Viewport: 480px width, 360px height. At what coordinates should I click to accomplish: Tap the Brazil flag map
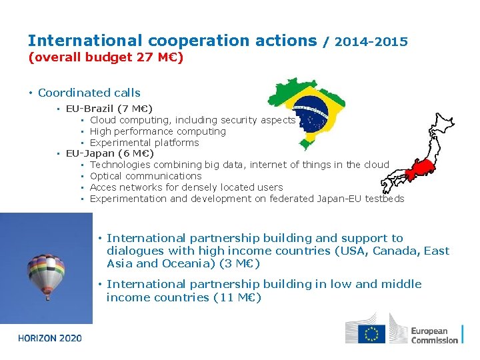pos(309,112)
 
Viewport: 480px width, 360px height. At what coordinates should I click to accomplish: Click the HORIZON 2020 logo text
pos(50,338)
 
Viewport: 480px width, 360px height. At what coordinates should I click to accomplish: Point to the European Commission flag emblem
pos(371,333)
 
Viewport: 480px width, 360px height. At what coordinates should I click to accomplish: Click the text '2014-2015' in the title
pos(371,42)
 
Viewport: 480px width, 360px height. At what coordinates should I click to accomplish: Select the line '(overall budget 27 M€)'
pos(105,57)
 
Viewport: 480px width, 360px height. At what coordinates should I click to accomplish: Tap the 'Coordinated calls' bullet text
pos(89,93)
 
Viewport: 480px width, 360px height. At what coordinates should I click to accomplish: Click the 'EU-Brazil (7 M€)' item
pos(109,108)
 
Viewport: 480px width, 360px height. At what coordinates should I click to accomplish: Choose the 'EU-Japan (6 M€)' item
pos(110,153)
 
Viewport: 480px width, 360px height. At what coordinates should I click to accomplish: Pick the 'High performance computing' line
pos(158,131)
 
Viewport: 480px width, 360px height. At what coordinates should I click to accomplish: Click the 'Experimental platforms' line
pos(145,143)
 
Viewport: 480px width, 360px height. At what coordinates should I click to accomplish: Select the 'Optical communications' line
pos(145,176)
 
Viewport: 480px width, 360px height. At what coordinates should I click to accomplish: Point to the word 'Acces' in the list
pos(103,187)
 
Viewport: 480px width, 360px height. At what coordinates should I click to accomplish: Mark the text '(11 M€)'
pos(237,297)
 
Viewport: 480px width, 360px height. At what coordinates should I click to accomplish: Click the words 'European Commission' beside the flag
pos(434,335)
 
